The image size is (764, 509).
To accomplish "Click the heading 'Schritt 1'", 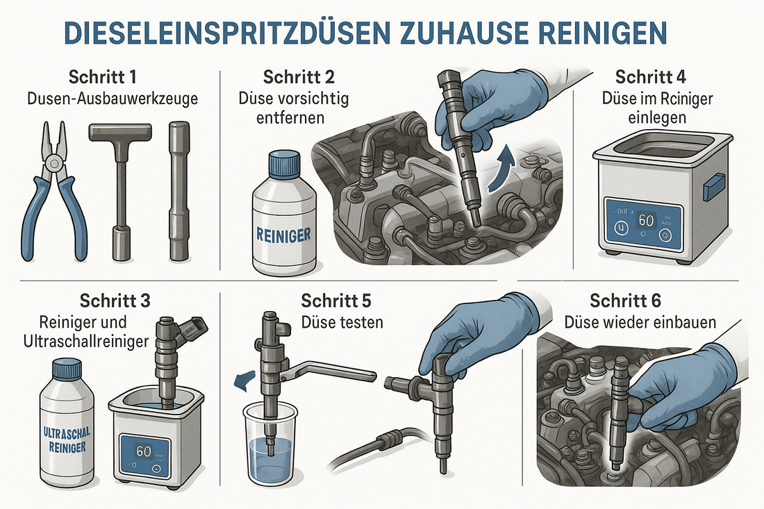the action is [x=102, y=77].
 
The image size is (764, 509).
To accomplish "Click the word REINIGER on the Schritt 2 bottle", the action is [x=283, y=235].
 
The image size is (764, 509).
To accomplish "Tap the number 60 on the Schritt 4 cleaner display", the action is [x=646, y=221].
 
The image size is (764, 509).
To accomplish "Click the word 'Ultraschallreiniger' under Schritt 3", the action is [x=86, y=341].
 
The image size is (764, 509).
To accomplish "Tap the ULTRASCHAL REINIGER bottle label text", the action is [x=67, y=440].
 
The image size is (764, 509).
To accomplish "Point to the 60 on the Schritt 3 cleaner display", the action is [x=144, y=451].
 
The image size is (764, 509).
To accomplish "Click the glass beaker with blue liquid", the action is [x=269, y=442].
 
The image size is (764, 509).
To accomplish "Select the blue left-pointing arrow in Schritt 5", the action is [x=245, y=380].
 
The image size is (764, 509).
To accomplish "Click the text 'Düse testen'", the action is [x=342, y=322].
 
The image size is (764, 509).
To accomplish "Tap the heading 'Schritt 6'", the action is [x=625, y=301].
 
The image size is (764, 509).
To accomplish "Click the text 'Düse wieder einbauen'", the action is [x=640, y=322].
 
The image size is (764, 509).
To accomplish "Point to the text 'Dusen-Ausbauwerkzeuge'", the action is [x=113, y=99].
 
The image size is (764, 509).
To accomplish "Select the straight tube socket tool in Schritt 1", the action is [x=178, y=191].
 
